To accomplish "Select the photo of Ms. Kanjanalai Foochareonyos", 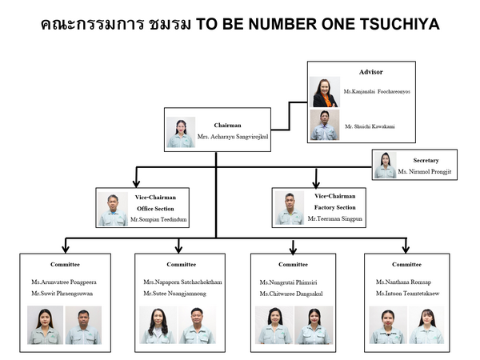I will click(x=324, y=92).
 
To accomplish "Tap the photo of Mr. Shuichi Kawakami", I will click(x=324, y=126).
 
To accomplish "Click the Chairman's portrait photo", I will click(x=180, y=133).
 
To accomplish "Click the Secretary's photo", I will click(x=385, y=165).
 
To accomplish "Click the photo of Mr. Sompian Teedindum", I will click(x=113, y=209).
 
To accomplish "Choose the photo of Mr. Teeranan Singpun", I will click(x=289, y=209).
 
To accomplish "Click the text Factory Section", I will click(x=334, y=208).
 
